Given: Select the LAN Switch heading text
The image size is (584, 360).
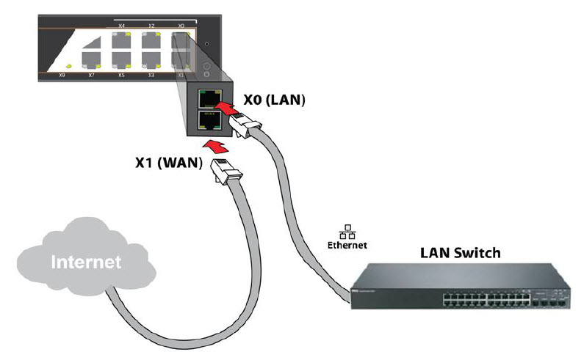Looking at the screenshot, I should tap(460, 254).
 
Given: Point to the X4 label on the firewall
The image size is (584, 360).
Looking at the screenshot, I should tap(121, 26).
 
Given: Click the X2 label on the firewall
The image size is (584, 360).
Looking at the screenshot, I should tap(151, 26).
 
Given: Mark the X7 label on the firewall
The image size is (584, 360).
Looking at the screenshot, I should tap(91, 75).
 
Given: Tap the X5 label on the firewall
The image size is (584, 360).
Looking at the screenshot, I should tap(121, 75).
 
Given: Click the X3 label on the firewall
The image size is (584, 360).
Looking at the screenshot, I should tap(151, 75).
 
